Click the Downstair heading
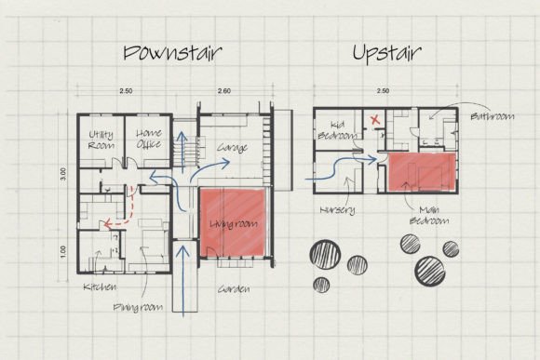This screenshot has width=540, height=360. (x=172, y=53)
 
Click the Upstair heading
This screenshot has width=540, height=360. (x=387, y=53)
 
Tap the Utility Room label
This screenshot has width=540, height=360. (x=101, y=140)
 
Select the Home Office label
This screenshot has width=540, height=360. (x=149, y=139)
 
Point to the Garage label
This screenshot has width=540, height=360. (x=232, y=148)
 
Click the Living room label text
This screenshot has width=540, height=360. (x=234, y=224)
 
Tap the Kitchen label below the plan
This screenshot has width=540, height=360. (x=100, y=287)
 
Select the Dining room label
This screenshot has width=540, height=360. (x=138, y=307)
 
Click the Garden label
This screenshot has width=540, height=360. (x=234, y=288)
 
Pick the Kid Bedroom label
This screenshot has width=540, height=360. (x=337, y=130)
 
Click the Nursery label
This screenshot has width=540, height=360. (x=337, y=210)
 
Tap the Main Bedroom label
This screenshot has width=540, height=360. (x=429, y=215)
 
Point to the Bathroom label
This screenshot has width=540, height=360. (x=493, y=116)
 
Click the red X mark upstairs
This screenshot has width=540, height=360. (x=375, y=120)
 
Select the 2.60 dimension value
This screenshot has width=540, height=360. (x=223, y=91)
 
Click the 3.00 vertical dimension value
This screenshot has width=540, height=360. (x=63, y=174)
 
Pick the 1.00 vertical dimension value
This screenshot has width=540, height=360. (x=63, y=251)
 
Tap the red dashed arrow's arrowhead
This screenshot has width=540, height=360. (x=107, y=224)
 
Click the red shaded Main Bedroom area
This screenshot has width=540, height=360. (x=422, y=171)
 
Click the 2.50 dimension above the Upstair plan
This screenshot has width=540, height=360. (x=383, y=91)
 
